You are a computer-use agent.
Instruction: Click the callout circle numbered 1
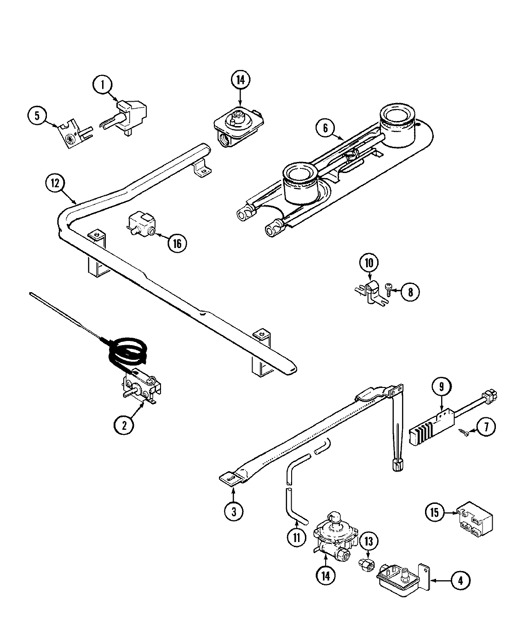(x=103, y=85)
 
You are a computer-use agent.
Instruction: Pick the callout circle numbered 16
(x=177, y=243)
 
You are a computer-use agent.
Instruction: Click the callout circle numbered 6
(x=325, y=128)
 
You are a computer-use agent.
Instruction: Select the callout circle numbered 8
(x=409, y=291)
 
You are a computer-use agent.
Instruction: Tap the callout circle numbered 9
(x=441, y=387)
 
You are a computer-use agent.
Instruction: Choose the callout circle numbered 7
(x=486, y=427)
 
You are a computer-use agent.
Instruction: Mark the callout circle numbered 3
(x=234, y=511)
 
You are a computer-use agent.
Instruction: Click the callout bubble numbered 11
(x=297, y=537)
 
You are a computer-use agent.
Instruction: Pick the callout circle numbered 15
(x=435, y=511)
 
